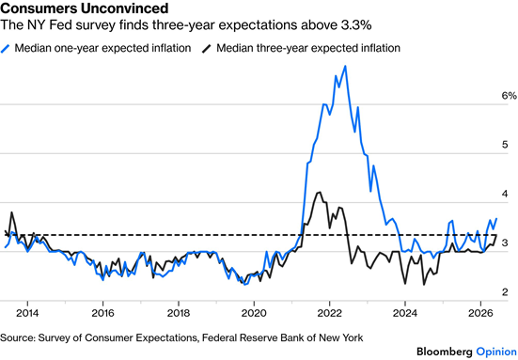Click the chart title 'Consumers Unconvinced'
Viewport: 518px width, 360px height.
pos(85,8)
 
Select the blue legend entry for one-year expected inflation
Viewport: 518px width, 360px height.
pos(96,48)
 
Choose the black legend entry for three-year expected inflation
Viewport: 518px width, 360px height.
pos(301,48)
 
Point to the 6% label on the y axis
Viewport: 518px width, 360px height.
pos(509,96)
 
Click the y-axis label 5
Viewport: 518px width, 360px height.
pos(505,145)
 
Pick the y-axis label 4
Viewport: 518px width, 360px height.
pos(505,194)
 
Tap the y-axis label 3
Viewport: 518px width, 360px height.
pos(505,243)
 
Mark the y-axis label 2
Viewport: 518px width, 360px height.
pos(505,292)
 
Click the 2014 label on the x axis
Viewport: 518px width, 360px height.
pos(28,313)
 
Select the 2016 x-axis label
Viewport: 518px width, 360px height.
pos(102,313)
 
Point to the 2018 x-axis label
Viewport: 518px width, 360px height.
pos(179,313)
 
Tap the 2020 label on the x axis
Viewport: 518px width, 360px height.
pos(254,313)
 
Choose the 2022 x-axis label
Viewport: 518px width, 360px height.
pos(329,313)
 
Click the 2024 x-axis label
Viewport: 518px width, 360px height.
pos(404,313)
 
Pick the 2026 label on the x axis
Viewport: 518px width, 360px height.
pos(480,313)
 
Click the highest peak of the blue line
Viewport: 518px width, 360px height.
pos(345,66)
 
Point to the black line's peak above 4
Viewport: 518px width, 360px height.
pos(319,192)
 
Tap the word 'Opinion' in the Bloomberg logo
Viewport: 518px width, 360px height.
pos(496,352)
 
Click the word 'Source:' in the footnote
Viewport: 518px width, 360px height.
pos(17,337)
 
